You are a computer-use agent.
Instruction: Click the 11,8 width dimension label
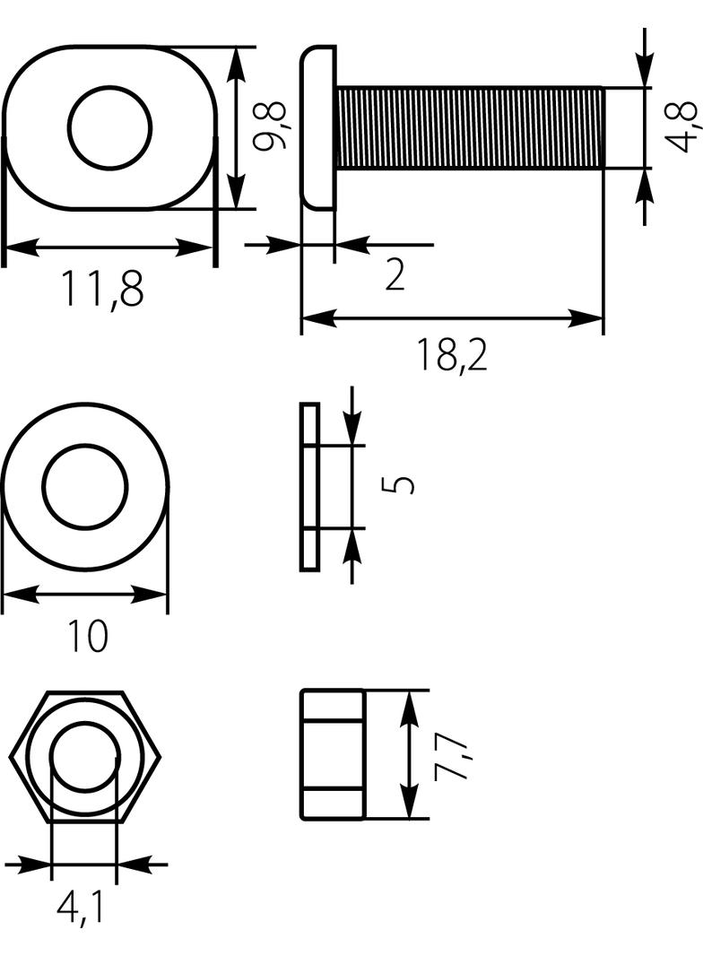[x=102, y=289]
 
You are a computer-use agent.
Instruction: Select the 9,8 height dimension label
[x=270, y=126]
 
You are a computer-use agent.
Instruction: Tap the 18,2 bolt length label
[x=453, y=355]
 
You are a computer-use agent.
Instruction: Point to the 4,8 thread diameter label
[x=681, y=126]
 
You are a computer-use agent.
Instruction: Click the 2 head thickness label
[x=395, y=274]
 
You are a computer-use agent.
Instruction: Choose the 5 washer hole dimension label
[x=398, y=484]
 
